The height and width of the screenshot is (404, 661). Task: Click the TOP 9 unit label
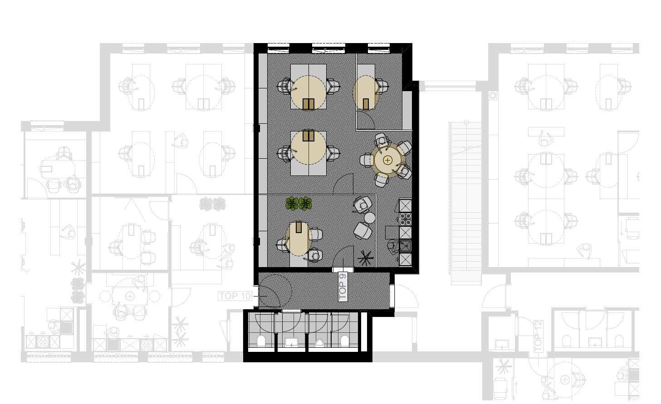point(343,287)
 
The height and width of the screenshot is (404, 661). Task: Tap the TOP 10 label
point(235,296)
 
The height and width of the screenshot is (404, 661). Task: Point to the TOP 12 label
point(538,336)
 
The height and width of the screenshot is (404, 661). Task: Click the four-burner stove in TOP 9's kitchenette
point(405,219)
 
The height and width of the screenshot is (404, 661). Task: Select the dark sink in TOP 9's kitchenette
point(405,246)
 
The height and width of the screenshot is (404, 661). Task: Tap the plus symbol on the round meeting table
point(387,160)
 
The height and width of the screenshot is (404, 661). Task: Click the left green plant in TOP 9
point(292,204)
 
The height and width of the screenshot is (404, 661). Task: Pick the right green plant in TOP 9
point(305,204)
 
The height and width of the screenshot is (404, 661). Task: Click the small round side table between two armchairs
point(369,218)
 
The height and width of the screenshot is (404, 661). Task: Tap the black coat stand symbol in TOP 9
point(366,258)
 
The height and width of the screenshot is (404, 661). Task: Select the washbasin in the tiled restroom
point(291,342)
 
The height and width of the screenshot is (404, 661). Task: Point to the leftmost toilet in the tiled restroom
point(261,341)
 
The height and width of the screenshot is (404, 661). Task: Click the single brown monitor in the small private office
point(366,104)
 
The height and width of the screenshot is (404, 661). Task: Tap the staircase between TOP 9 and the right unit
point(465,203)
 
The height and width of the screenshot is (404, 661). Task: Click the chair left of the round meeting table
point(367,160)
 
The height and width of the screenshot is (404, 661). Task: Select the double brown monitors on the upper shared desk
point(308,104)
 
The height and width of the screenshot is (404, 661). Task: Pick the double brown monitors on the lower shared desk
point(308,136)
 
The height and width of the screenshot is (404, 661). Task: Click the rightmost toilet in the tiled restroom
point(344,341)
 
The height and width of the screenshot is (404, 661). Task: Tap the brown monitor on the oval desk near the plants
point(299,227)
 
